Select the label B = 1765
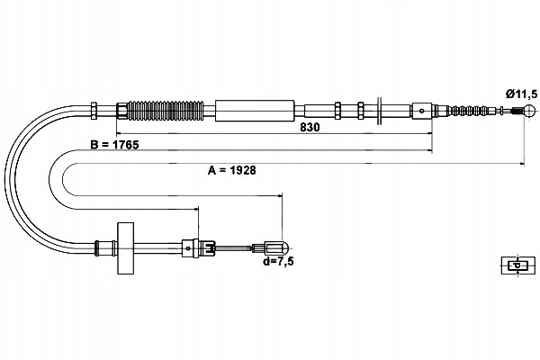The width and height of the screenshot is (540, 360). coord(114,145)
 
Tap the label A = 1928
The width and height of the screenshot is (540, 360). coord(232,170)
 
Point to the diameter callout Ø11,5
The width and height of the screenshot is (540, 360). coord(521,94)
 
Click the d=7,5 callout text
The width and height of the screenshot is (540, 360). coord(278,262)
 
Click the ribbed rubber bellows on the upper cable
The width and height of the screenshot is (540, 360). coord(166,111)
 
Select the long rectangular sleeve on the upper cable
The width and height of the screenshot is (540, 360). coord(255,111)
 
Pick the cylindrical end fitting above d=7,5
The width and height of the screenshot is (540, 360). coord(276,248)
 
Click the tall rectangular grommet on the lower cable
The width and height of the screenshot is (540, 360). coord(125,248)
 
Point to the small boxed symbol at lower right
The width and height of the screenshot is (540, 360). coord(518,265)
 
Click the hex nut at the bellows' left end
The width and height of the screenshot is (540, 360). coord(121,111)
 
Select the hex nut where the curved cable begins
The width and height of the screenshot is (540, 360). coord(94,111)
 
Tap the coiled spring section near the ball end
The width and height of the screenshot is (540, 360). coord(467,111)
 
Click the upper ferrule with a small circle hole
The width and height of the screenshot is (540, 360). coord(421,111)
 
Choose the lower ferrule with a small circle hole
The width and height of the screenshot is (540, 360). coord(188,248)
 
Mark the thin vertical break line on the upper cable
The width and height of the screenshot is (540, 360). coord(379,111)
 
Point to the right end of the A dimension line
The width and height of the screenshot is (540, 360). coord(524,163)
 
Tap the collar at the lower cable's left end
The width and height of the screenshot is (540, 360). coord(97,248)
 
